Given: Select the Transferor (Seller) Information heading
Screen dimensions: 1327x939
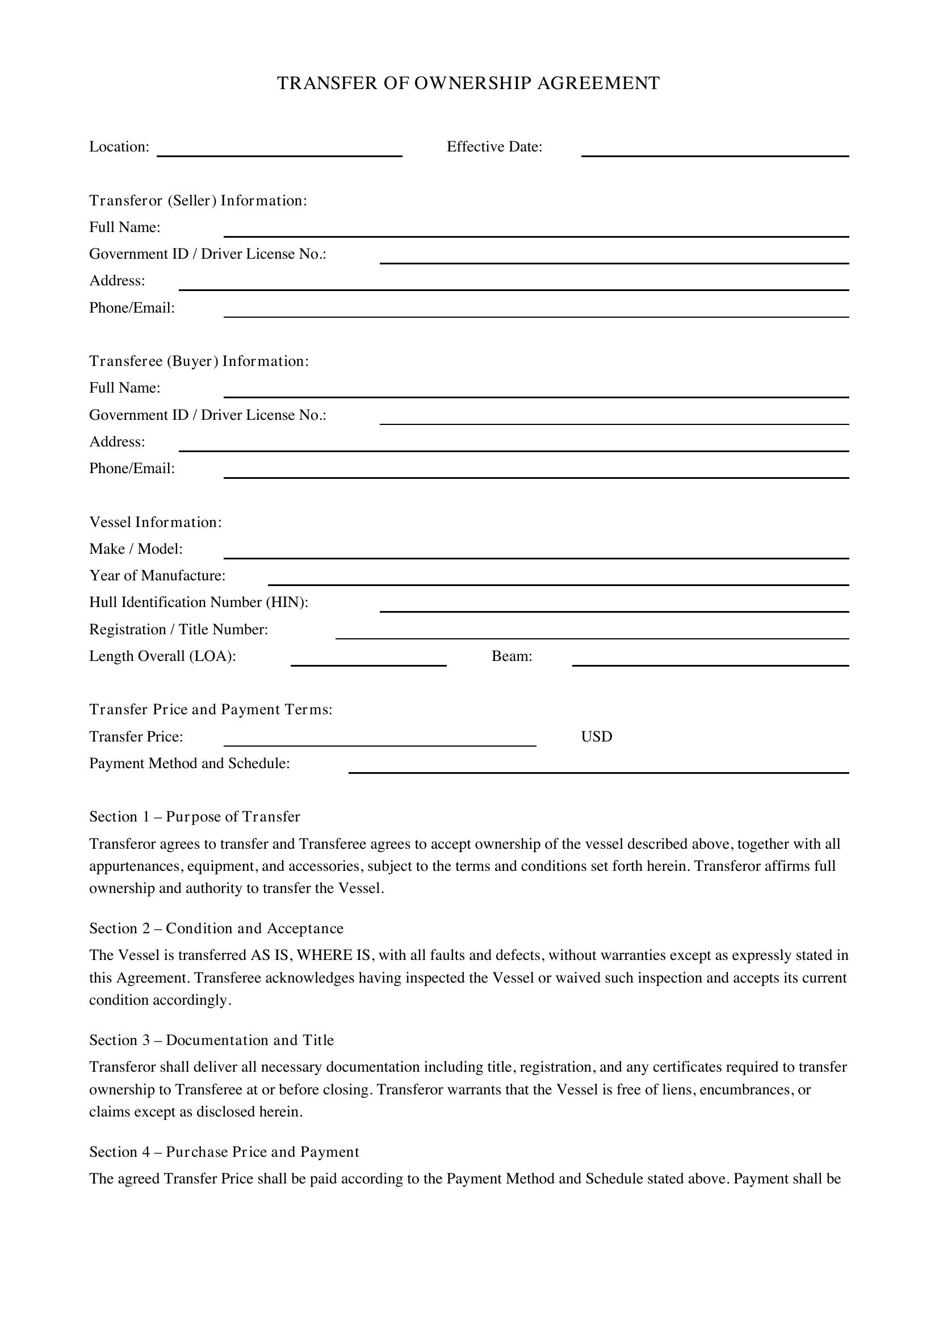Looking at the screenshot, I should [x=198, y=200].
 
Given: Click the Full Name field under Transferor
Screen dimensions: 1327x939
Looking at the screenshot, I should [x=536, y=230].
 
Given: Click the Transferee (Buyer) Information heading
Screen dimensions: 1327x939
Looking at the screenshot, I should [x=199, y=361].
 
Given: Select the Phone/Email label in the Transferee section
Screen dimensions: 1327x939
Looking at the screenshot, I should [x=132, y=468].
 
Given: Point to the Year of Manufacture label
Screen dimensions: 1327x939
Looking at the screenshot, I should [x=157, y=576].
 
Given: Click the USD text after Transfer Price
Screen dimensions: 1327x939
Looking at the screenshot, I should [x=596, y=737].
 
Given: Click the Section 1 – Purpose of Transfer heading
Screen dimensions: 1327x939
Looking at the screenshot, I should [x=194, y=816].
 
